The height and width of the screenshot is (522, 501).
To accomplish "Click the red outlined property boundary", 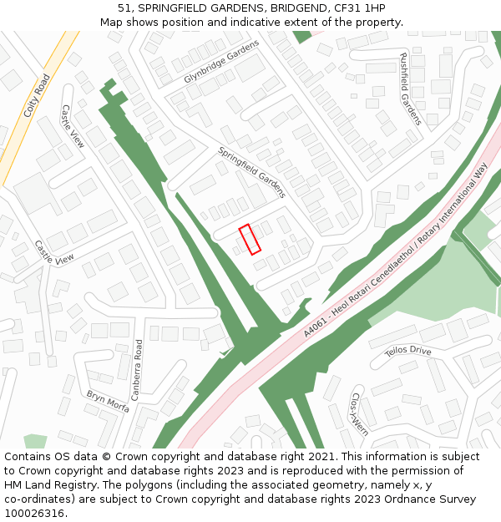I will point(250,240).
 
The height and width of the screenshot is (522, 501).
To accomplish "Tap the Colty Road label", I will point(38,95).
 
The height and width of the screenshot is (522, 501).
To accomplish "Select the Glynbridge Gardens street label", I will point(222,61).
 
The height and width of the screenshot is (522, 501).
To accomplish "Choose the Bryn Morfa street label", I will point(108,402).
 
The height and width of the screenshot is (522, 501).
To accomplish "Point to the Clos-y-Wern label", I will point(360,414).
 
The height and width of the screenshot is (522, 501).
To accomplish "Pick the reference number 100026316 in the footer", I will point(33,514).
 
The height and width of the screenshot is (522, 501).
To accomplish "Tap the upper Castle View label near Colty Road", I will point(73,127).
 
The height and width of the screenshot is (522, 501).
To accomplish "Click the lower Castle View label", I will point(54,253).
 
